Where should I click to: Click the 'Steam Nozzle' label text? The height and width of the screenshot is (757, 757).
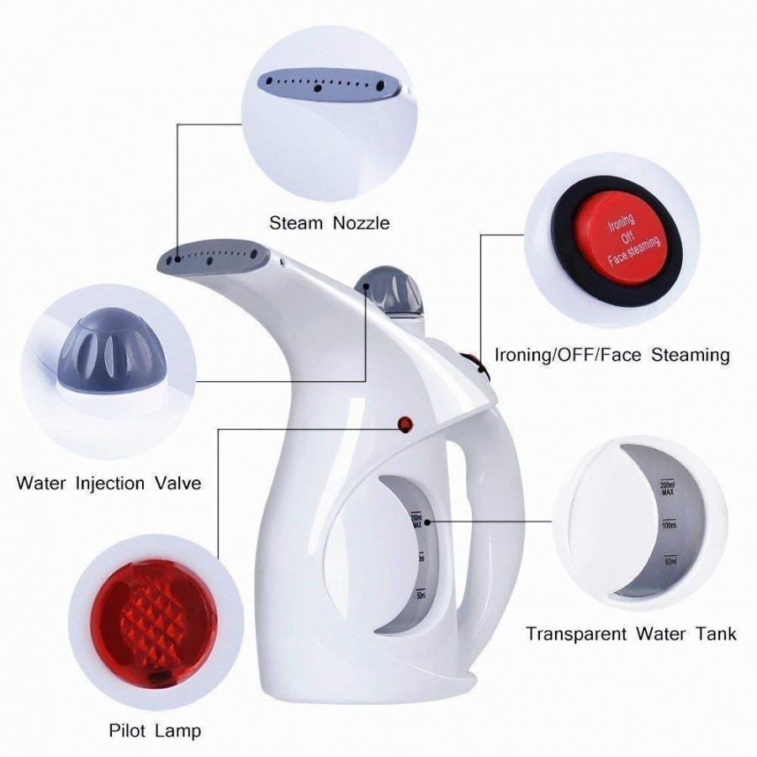pyautogui.click(x=329, y=223)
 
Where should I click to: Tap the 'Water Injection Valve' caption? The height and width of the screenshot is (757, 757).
pyautogui.click(x=109, y=484)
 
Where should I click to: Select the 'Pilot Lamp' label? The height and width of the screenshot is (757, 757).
pyautogui.click(x=155, y=730)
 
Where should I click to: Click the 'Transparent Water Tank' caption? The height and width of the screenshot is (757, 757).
pyautogui.click(x=631, y=633)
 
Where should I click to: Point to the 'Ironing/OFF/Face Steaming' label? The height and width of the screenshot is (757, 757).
pyautogui.click(x=611, y=355)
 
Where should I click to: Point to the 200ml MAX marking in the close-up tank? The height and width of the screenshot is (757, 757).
pyautogui.click(x=668, y=488)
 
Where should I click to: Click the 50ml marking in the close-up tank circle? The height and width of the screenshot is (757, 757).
pyautogui.click(x=670, y=561)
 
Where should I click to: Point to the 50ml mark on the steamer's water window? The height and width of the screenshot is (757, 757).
pyautogui.click(x=419, y=595)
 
